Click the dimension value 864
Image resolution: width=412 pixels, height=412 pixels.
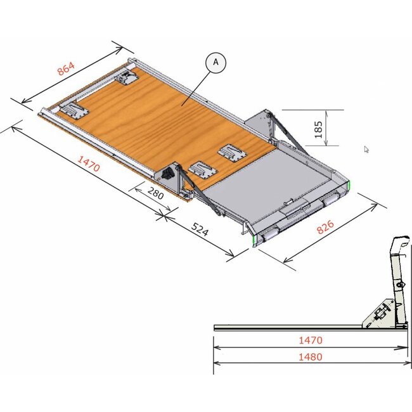point(66,68)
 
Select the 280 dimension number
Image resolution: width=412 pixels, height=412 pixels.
point(155,193)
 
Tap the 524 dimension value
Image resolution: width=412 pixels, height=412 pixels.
point(200,229)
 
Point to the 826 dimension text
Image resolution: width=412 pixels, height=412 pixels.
point(325,227)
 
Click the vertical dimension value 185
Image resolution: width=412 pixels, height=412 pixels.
point(318,129)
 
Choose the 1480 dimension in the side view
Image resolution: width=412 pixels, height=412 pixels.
point(311,357)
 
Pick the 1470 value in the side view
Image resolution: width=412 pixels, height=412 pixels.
point(311,340)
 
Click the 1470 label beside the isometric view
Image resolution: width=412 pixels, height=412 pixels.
point(89,164)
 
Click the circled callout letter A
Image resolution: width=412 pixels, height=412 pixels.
point(216,62)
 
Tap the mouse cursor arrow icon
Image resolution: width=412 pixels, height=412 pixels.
point(366,149)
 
